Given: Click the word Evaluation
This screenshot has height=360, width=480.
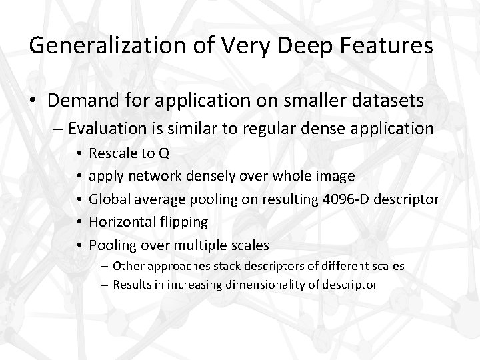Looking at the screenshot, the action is pyautogui.click(x=108, y=128).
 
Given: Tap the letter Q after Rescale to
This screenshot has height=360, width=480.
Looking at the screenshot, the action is pyautogui.click(x=164, y=154).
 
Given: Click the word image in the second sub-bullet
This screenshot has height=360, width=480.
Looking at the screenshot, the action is pyautogui.click(x=337, y=177).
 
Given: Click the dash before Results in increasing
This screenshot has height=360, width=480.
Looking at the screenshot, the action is pyautogui.click(x=105, y=285).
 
